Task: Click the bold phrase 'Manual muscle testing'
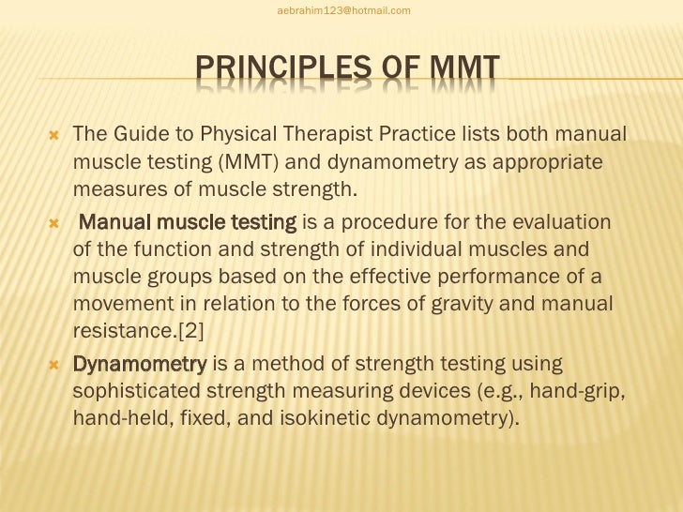[188, 225]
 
